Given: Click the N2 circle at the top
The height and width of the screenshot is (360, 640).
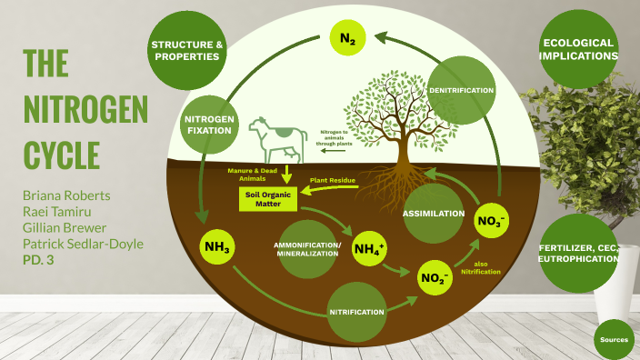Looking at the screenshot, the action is tap(348, 38).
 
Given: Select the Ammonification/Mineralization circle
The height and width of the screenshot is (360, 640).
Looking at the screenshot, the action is tap(306, 249).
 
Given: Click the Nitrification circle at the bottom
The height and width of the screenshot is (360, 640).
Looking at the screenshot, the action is tap(356, 311).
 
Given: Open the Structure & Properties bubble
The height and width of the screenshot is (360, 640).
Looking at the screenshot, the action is tap(185, 50).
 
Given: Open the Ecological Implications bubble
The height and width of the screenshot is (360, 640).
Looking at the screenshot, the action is tap(580, 50).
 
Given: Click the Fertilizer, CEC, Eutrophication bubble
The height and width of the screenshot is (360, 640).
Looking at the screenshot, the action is tap(578, 253).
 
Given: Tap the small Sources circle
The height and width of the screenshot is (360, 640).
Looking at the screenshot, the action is tap(615, 339).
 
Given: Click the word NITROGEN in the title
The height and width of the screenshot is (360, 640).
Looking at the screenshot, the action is tap(85, 110).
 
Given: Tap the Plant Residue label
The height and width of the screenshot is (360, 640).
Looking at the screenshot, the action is tap(331, 181).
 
